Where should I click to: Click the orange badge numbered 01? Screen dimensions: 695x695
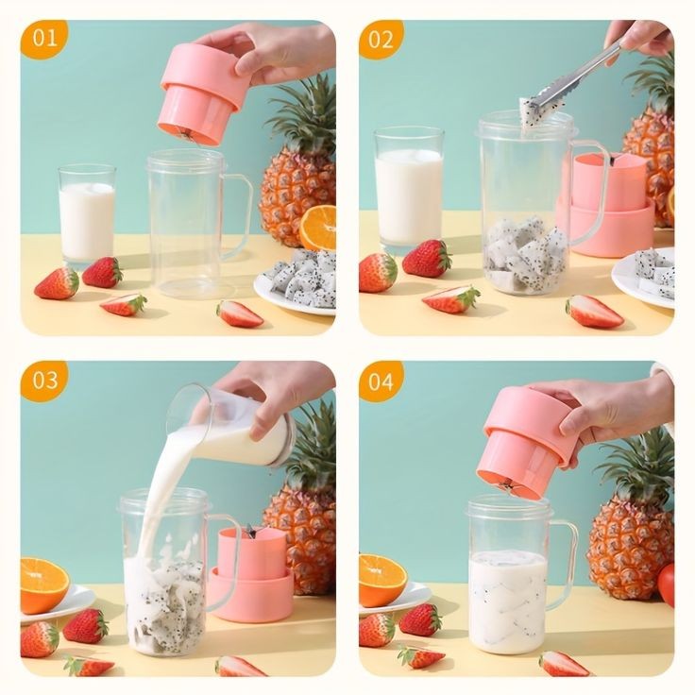coord(43,39)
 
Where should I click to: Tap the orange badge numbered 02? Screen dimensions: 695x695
coord(381,39)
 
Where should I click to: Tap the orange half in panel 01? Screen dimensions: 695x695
coord(318,228)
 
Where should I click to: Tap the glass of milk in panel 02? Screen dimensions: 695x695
coord(408,194)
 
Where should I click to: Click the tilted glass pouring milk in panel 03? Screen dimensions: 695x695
coord(248,430)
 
